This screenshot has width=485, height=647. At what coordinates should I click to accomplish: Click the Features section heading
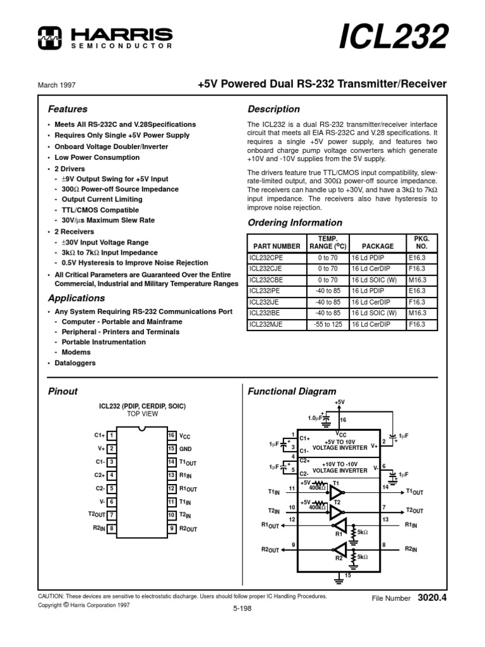tap(68, 109)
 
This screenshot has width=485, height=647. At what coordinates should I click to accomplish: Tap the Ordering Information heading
tap(295, 222)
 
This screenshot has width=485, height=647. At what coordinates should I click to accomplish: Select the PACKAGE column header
tap(378, 246)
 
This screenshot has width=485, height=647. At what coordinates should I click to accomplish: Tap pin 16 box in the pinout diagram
tap(171, 435)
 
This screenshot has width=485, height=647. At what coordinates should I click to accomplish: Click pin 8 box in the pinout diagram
tap(111, 528)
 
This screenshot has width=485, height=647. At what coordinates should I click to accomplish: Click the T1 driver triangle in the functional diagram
tap(337, 492)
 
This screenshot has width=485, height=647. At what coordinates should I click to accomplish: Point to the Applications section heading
tap(77, 298)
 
